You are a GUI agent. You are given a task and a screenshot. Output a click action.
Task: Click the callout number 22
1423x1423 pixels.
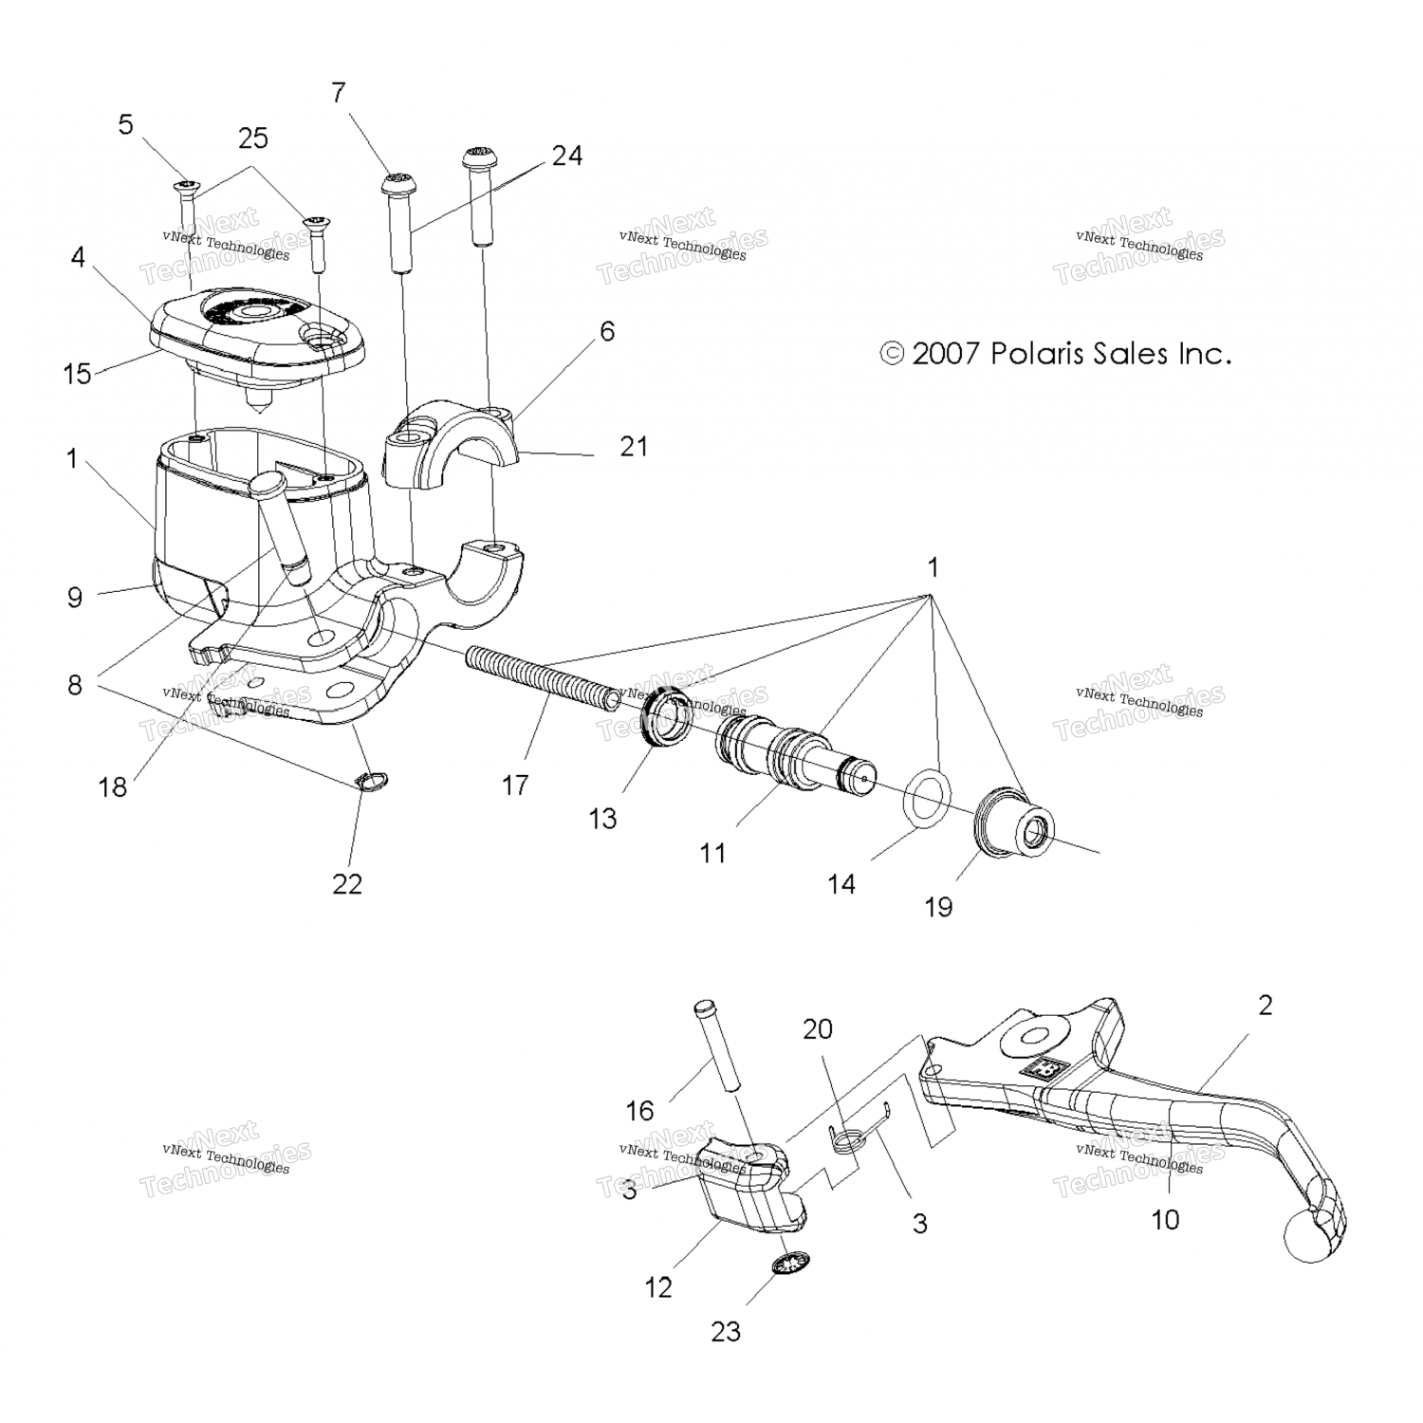click(347, 883)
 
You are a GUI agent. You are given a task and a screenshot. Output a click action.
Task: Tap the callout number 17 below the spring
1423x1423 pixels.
click(515, 785)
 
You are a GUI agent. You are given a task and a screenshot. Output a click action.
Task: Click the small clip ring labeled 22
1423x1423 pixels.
click(374, 781)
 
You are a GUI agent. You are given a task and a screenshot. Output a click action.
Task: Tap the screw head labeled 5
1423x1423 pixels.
click(184, 184)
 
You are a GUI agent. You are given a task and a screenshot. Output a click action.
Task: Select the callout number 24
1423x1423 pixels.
click(566, 155)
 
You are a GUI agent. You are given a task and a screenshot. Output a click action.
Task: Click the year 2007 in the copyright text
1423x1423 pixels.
click(945, 355)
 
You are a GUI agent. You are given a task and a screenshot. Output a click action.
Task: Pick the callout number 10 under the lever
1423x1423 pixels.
click(1164, 1219)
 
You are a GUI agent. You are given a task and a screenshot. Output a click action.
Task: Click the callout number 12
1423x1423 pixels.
click(657, 1287)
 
